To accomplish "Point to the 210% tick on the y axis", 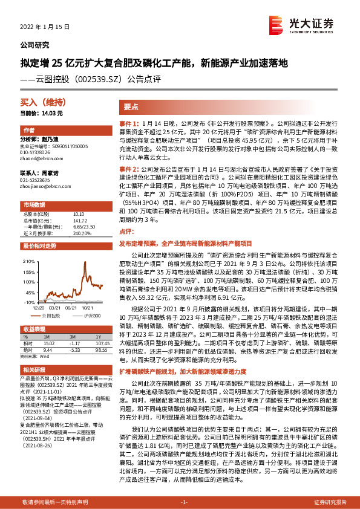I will click(x=27, y=261).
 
